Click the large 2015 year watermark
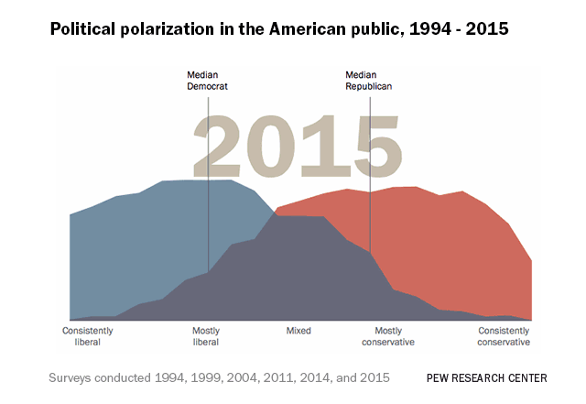[296, 146]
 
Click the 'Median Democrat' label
[207, 80]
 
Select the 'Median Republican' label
[369, 80]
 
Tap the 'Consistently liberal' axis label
[88, 336]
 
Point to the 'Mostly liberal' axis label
[206, 336]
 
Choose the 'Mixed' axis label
[298, 331]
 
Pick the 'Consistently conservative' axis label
[504, 336]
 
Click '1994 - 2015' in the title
[457, 29]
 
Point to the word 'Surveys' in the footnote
[71, 377]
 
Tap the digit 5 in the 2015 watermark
[371, 146]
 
